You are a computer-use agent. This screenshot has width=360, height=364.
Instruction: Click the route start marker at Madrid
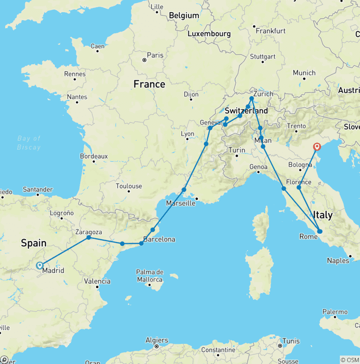[40, 265]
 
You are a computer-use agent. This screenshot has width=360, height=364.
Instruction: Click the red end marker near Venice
[317, 146]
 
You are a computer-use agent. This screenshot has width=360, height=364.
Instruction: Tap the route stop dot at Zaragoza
[89, 237]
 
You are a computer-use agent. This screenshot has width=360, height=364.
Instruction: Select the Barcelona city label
[159, 239]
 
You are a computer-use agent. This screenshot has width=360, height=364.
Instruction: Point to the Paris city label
[155, 55]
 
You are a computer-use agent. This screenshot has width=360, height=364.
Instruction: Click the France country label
[149, 84]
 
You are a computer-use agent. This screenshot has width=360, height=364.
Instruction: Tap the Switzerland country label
[246, 111]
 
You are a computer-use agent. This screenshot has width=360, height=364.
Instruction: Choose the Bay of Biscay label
[29, 143]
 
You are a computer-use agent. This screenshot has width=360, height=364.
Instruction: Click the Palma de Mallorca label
[150, 276]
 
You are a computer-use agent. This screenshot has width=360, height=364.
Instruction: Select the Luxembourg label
[209, 34]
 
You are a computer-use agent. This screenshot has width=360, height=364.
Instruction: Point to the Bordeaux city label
[94, 156]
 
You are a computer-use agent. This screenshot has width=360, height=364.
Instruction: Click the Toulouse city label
[129, 186]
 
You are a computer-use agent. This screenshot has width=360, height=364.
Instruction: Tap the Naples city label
[338, 260]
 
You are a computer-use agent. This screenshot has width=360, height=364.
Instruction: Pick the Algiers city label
[157, 340]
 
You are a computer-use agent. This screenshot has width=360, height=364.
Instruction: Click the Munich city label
[304, 73]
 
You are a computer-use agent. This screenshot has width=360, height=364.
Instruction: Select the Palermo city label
[335, 312]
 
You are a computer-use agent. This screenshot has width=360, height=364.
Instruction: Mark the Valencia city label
[98, 281]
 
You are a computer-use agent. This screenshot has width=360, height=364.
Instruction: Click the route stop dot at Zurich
[251, 99]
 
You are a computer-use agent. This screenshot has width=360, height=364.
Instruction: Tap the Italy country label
[322, 215]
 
